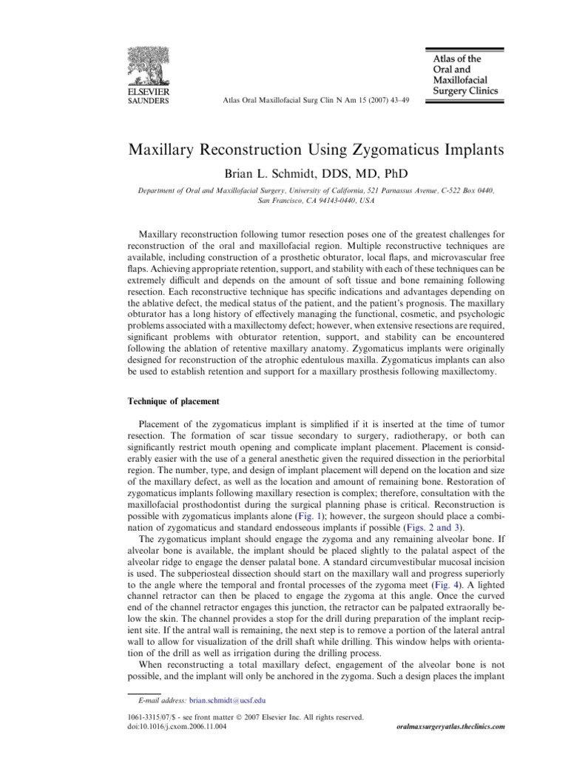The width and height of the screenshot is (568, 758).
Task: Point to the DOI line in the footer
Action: [x=177, y=727]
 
